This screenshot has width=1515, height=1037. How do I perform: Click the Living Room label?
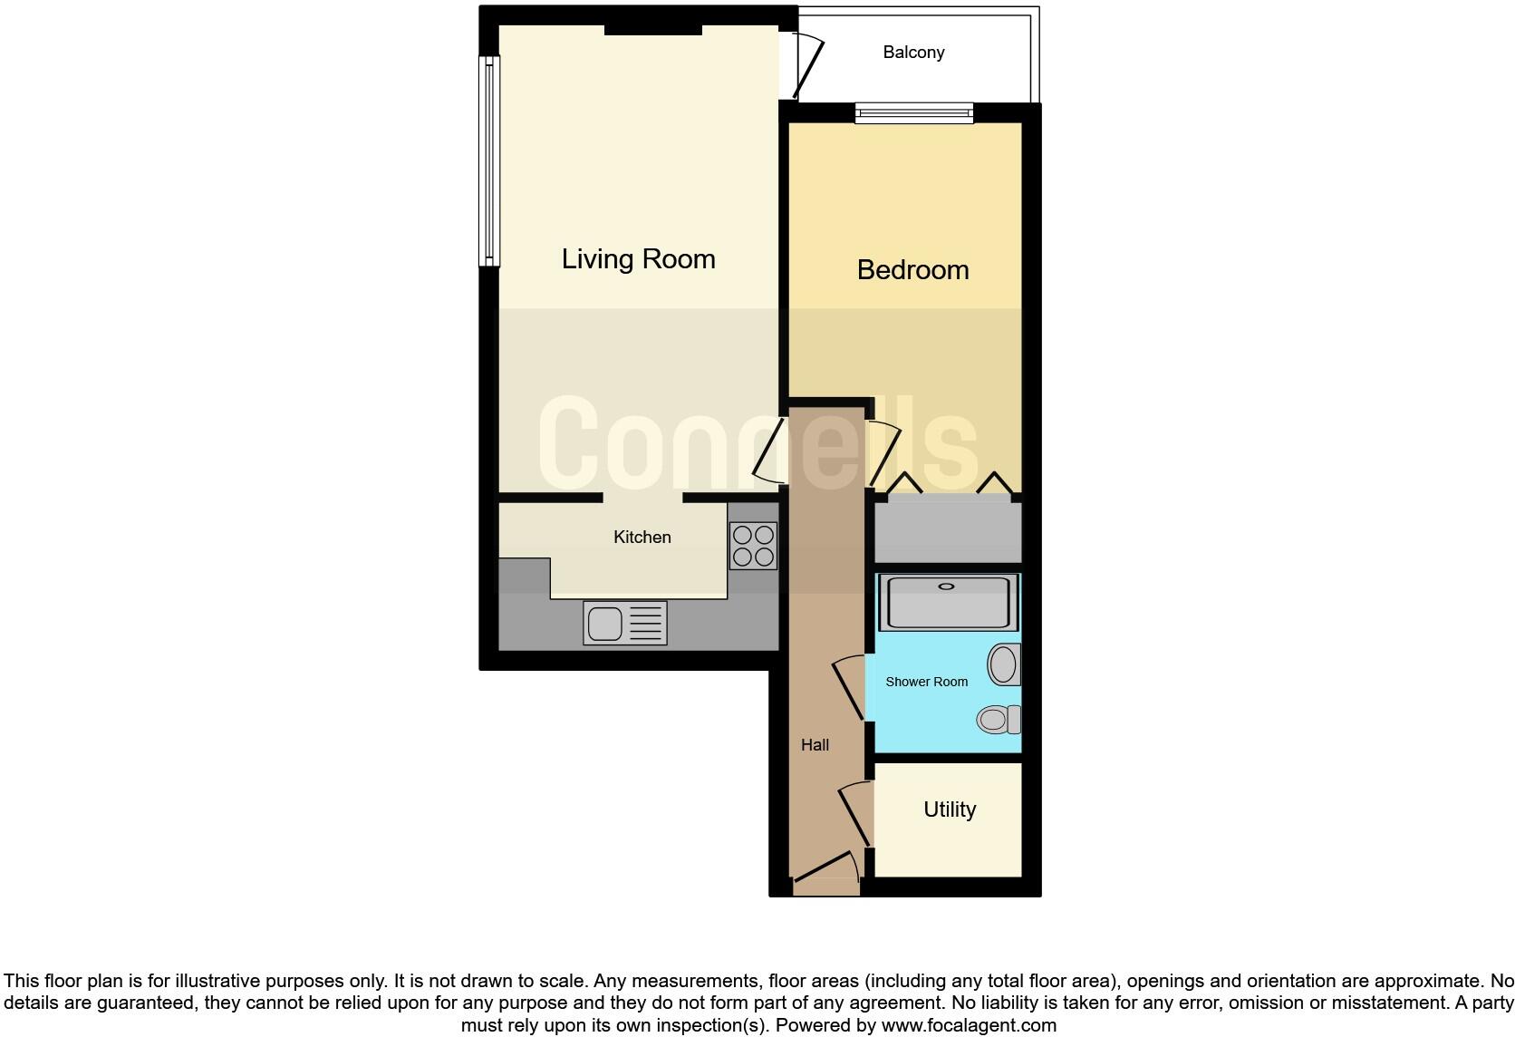tap(638, 259)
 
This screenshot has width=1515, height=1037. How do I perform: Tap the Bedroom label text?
tap(912, 270)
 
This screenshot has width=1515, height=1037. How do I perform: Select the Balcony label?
tap(913, 53)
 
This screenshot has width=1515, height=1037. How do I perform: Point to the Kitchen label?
tap(642, 538)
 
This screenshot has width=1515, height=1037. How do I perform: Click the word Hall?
tap(815, 745)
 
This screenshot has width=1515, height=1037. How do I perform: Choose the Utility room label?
tap(949, 809)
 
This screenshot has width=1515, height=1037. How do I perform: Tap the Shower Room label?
tap(926, 682)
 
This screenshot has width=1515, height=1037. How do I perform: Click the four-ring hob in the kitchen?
tap(753, 547)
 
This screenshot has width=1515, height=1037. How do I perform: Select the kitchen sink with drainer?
tap(624, 624)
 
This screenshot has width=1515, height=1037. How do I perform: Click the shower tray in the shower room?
tap(948, 602)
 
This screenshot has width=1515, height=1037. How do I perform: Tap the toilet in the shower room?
tap(999, 720)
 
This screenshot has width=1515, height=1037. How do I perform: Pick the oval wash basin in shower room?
tap(1003, 664)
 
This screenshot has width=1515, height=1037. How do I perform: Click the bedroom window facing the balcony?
tap(913, 114)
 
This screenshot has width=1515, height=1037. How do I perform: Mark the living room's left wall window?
tap(489, 161)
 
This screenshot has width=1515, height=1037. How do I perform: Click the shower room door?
tap(848, 689)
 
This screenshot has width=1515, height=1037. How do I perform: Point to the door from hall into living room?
tap(768, 451)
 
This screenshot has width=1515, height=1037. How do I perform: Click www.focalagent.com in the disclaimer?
tap(969, 1025)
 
